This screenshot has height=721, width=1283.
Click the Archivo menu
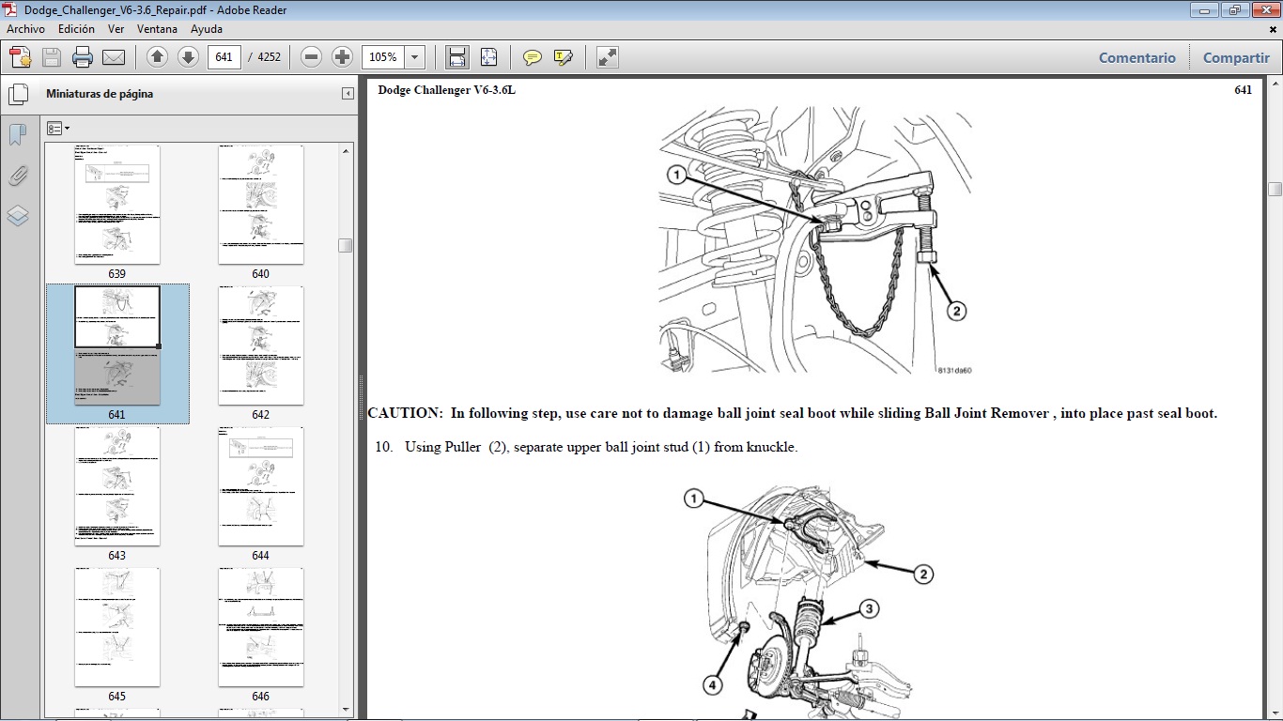point(25,29)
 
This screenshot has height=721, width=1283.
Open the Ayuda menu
point(206,29)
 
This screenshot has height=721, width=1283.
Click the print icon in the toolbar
point(83,57)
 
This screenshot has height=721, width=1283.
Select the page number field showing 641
point(224,57)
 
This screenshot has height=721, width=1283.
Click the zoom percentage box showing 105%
point(383,57)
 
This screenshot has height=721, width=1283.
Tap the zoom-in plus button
point(343,57)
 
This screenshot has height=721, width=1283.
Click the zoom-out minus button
point(312,57)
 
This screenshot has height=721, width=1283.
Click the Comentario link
point(1136,57)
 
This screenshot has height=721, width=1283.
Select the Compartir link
point(1236,57)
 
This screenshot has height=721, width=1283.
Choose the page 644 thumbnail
point(261,486)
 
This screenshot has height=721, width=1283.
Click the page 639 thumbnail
point(117,205)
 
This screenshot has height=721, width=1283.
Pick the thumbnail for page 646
point(261,627)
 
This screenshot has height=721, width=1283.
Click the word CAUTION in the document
point(404,413)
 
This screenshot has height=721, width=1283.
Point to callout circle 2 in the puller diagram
point(956,311)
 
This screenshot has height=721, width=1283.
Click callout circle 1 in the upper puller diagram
point(675,175)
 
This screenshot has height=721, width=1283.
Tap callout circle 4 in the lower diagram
point(712,686)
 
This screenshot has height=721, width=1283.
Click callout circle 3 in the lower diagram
point(870,609)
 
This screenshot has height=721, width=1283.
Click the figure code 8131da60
point(953,370)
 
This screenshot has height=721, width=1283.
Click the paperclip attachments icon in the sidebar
point(18,176)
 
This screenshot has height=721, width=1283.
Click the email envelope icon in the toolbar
point(114,57)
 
